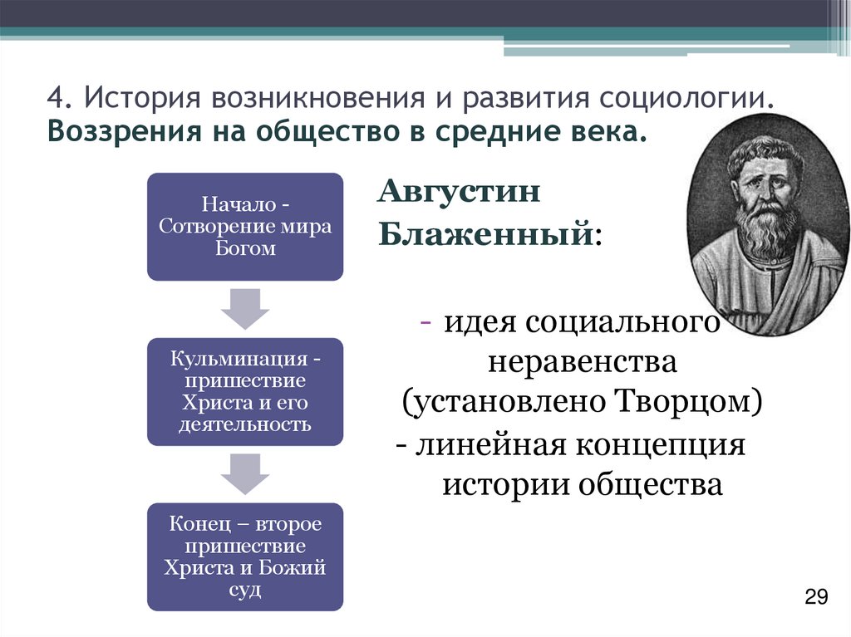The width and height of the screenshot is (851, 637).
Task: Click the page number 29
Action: click(817, 596)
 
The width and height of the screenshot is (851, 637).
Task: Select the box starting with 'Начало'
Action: click(244, 226)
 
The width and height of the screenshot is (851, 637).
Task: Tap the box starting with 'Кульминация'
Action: click(244, 391)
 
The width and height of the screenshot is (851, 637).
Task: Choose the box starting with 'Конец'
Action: click(244, 556)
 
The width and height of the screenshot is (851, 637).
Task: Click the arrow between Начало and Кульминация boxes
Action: click(244, 309)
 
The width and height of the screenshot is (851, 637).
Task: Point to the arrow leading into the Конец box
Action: click(244, 473)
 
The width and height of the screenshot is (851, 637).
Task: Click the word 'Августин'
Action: click(460, 193)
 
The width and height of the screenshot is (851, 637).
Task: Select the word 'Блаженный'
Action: click(485, 235)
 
